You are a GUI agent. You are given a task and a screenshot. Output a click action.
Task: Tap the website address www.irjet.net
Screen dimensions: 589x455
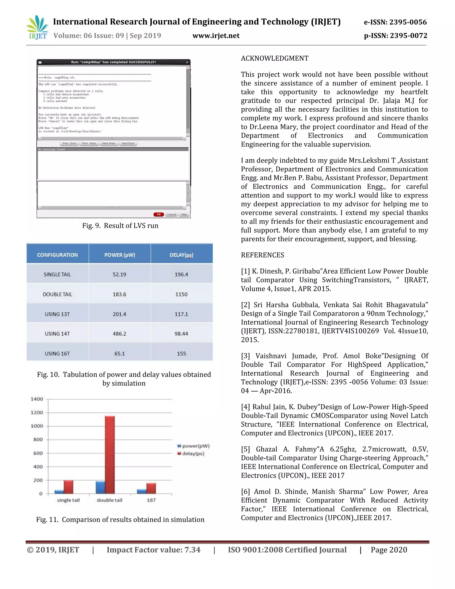[216, 36]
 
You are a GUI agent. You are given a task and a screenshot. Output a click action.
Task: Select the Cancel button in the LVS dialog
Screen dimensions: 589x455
[172, 214]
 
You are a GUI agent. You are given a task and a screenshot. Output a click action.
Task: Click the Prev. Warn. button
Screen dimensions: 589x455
[89, 144]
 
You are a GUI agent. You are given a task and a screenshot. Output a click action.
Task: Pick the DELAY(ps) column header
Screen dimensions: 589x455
[182, 255]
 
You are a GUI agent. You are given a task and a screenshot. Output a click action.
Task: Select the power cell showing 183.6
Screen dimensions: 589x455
[119, 294]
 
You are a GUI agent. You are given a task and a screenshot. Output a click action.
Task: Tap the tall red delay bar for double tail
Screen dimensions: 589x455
[110, 455]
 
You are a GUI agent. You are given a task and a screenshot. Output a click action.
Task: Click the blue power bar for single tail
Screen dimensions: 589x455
[59, 492]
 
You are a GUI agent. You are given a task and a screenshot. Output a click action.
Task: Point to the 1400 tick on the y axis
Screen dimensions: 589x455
[37, 399]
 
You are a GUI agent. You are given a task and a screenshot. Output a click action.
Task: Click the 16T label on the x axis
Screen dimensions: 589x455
[151, 500]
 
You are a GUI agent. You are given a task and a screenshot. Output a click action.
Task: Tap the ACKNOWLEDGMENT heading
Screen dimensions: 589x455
[274, 58]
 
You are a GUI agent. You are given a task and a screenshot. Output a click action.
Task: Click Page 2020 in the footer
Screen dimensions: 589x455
[389, 550]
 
